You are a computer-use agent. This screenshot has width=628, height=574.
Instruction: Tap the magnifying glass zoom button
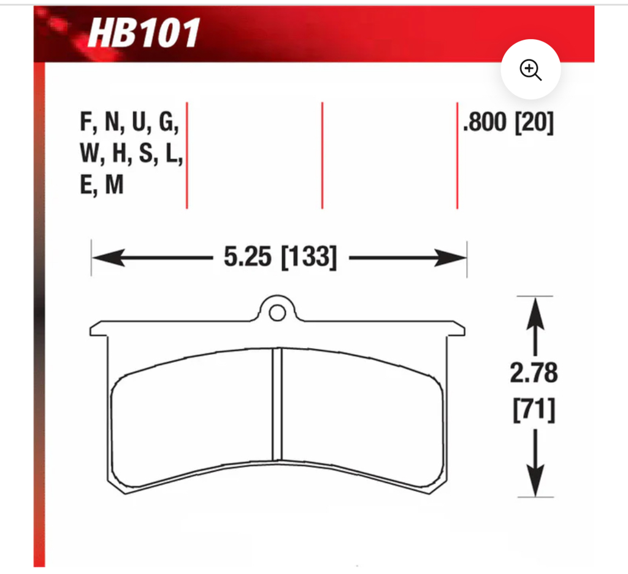click(530, 70)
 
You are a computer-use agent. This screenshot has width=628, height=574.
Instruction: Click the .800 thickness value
click(485, 123)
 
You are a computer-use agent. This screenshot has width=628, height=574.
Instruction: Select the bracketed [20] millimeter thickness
click(534, 123)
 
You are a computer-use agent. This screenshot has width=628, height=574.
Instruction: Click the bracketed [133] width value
click(308, 257)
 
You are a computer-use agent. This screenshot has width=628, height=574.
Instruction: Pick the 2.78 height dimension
click(534, 373)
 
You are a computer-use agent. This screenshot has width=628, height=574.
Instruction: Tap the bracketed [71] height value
click(534, 410)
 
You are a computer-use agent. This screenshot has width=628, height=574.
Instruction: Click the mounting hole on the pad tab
click(277, 313)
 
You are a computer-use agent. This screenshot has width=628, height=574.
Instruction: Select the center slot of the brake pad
click(277, 403)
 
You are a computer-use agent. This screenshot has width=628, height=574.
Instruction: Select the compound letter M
click(114, 185)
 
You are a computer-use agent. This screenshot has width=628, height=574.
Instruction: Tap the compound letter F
click(86, 123)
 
